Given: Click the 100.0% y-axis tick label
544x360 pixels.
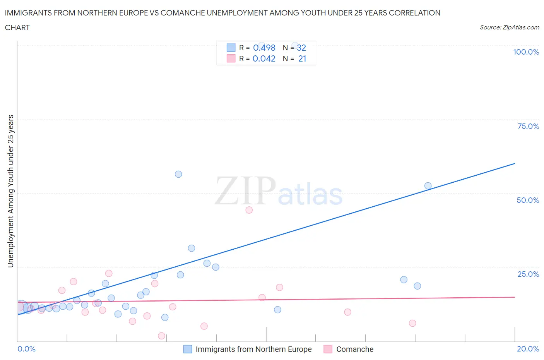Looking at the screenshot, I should (x=526, y=52).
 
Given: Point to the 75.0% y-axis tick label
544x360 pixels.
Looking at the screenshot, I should (x=528, y=126).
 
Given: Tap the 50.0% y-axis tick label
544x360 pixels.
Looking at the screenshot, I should (x=528, y=200).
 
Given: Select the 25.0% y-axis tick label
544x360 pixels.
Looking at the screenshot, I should (x=528, y=274).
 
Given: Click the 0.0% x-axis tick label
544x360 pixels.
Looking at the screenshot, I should (x=26, y=349).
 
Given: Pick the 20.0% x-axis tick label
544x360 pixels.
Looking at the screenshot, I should (x=528, y=349).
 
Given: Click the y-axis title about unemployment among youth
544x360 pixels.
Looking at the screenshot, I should (x=10, y=191).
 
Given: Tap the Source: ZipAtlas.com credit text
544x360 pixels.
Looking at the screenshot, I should (x=509, y=27).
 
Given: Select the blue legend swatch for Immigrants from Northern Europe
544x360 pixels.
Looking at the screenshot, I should (x=188, y=349).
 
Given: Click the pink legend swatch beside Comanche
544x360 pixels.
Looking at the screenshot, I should (x=328, y=349).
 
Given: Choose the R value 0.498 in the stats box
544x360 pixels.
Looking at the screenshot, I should (x=264, y=48).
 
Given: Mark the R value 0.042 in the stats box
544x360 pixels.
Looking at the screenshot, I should (x=264, y=58).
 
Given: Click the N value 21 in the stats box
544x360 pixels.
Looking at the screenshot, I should (x=302, y=58).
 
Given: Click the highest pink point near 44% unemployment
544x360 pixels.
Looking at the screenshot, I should (x=249, y=210).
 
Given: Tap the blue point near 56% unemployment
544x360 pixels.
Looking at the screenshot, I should (x=178, y=174).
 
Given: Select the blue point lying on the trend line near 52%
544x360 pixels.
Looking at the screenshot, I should (x=428, y=186).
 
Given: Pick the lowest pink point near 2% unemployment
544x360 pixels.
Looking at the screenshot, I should (x=162, y=336).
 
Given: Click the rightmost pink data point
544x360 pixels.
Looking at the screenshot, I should (x=412, y=323).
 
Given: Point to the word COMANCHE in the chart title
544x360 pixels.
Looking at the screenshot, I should (x=182, y=13).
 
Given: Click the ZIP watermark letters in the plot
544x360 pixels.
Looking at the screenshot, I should (x=245, y=190).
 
